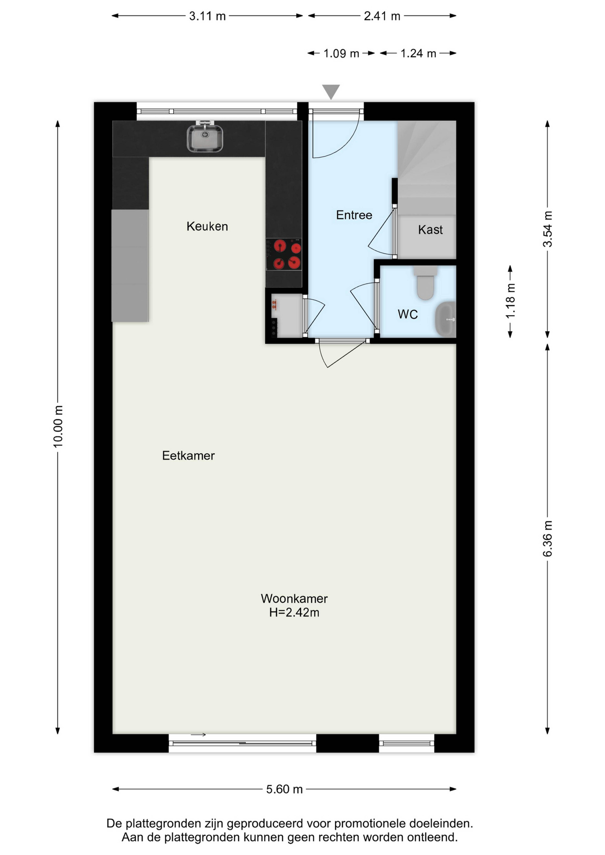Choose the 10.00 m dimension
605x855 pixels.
58,426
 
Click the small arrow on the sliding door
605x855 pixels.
198,735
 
